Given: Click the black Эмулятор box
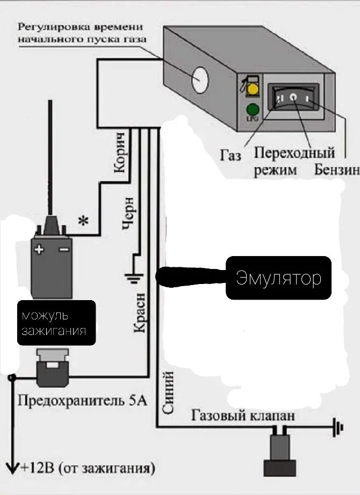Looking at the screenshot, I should (278, 278).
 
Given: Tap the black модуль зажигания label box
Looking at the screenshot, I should (56, 322).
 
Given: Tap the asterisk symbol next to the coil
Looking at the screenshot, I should (83, 221).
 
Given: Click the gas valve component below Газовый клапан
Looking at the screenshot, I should (279, 451).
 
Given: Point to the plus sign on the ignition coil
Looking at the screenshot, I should (39, 249).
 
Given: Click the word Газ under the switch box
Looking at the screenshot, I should (231, 156).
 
